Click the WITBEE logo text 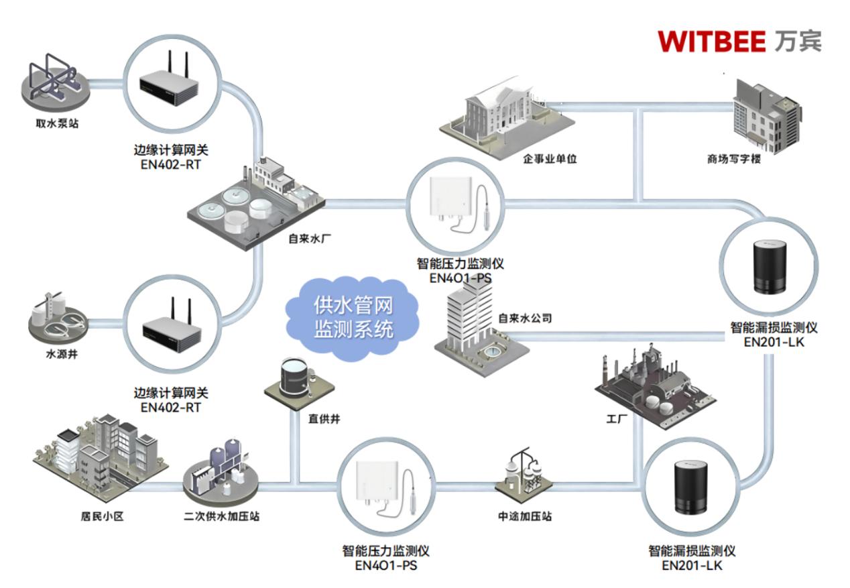(711, 42)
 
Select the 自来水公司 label (525, 318)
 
